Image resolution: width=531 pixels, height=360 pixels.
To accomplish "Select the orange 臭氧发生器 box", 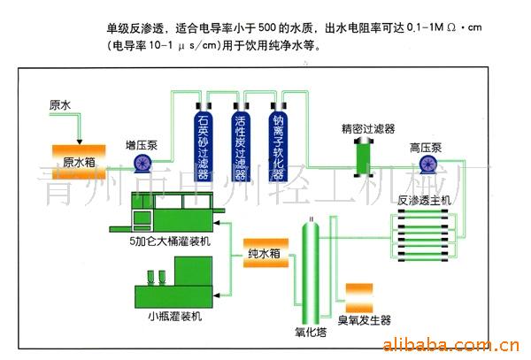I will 363,295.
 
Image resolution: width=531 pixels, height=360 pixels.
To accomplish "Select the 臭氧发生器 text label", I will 364,320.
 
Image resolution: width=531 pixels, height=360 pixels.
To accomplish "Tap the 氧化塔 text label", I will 310,333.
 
